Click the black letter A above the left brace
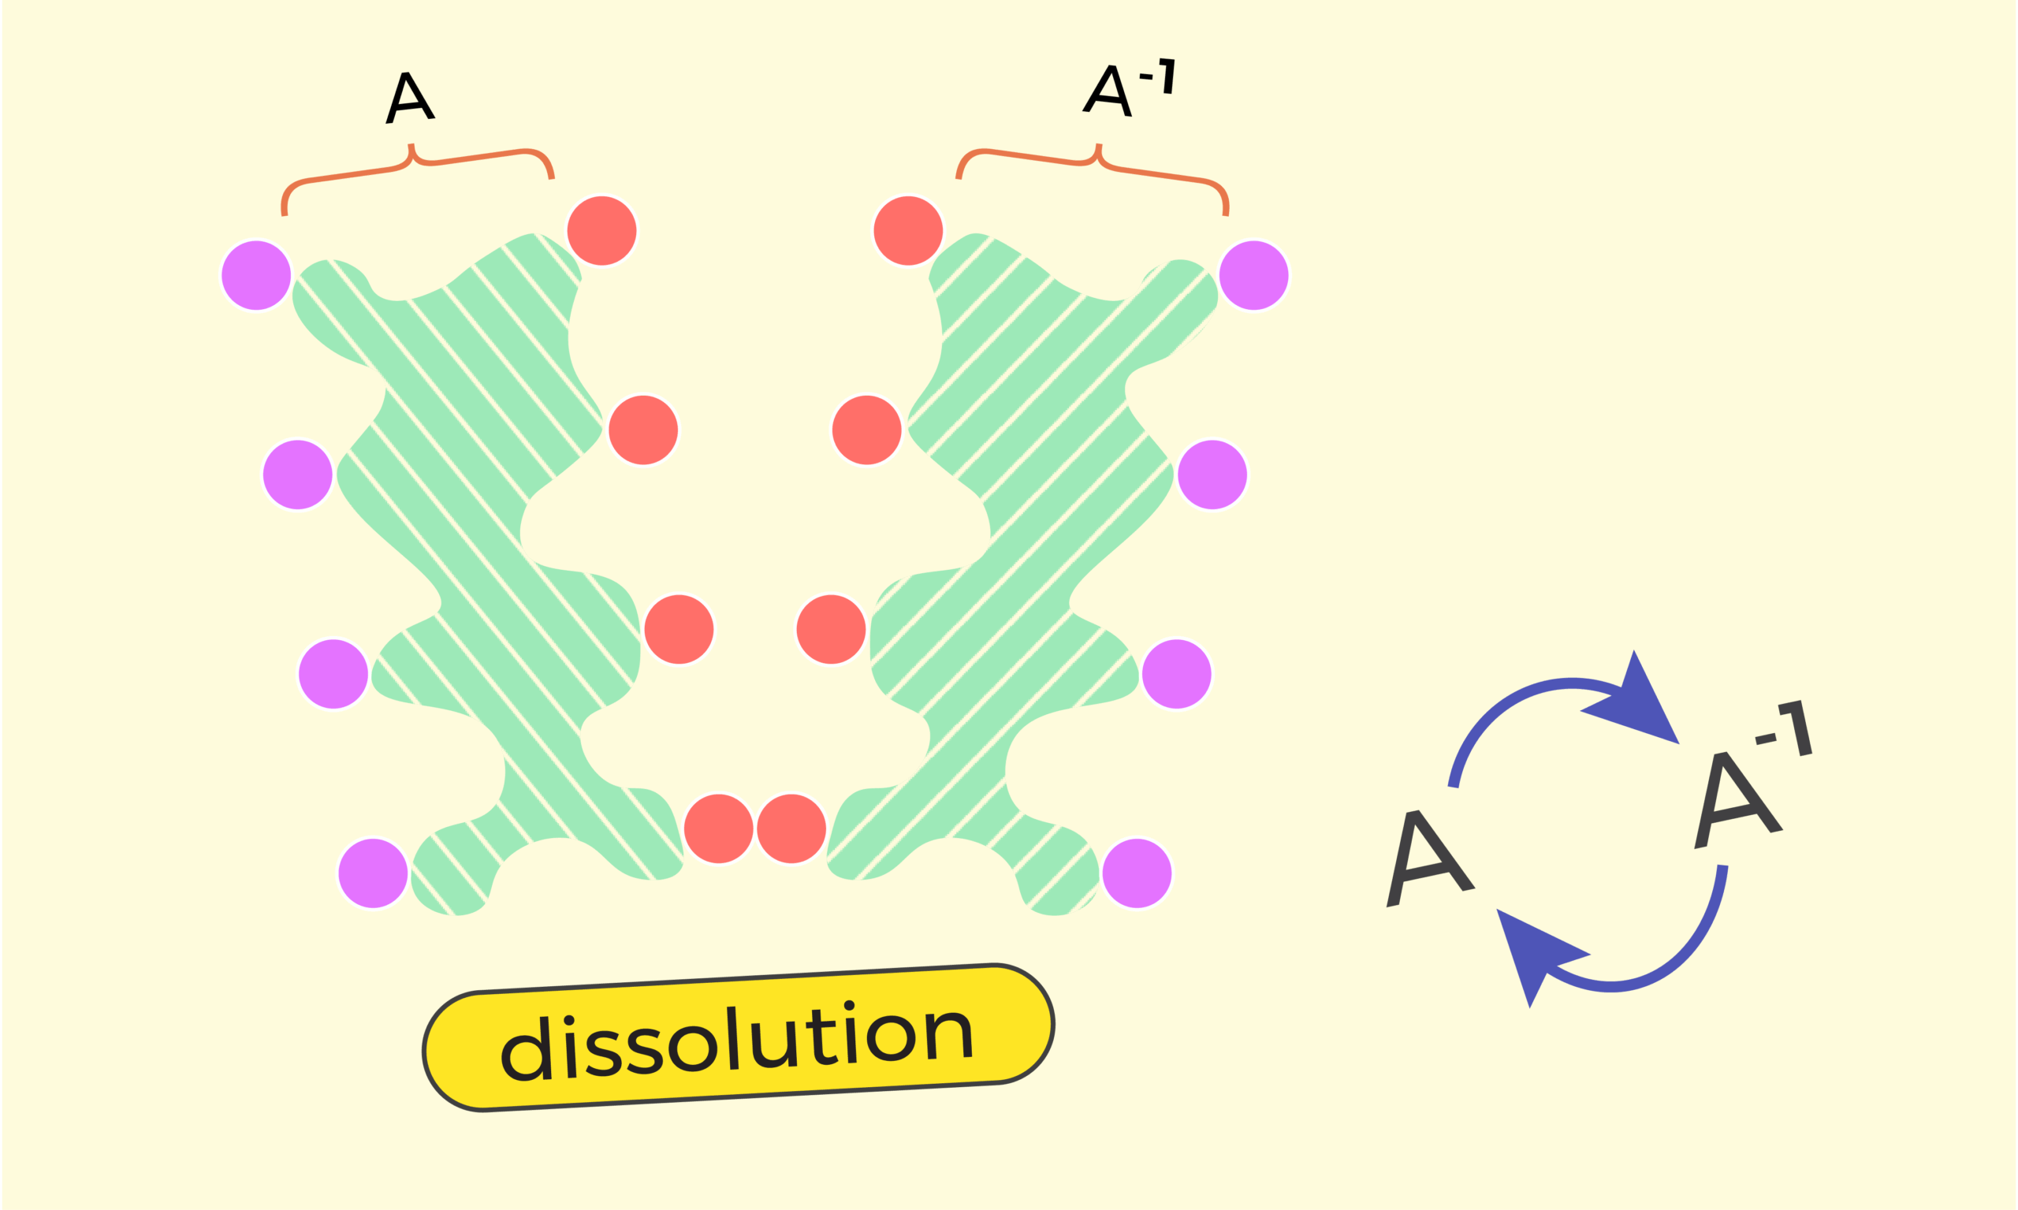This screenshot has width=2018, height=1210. point(410,98)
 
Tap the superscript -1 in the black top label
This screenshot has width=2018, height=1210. point(1160,76)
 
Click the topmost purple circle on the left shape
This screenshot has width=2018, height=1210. point(256,275)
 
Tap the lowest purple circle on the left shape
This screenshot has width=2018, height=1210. point(373,873)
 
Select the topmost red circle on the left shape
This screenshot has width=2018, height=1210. point(601,231)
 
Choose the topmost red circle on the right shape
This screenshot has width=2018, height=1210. point(907,231)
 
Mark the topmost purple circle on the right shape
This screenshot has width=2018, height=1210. point(1253,275)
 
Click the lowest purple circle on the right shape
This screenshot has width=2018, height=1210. point(1137,873)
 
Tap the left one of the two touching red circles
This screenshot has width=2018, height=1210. point(718,828)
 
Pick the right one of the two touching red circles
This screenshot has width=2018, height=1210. point(791,828)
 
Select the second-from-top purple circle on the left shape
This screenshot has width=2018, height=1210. point(298,475)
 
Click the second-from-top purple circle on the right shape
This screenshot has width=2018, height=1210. point(1212,475)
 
